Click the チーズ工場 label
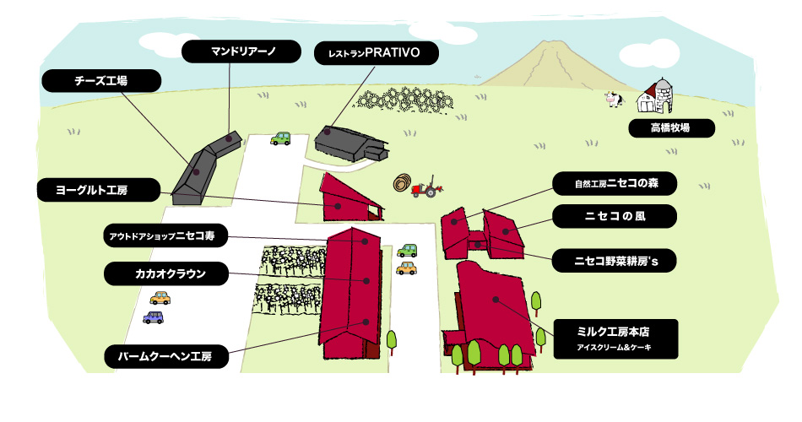101,81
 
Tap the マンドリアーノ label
241,51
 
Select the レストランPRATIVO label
376,53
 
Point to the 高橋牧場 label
671,128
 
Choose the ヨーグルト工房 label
99,190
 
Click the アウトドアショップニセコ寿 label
165,235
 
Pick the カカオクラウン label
165,273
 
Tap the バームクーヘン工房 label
165,356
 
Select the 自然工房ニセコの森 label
615,184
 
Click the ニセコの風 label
615,216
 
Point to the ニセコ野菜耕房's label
615,261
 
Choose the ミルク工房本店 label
615,339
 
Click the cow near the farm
614,99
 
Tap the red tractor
426,187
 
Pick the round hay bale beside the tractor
403,182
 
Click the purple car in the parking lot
154,317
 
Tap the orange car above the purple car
160,298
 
